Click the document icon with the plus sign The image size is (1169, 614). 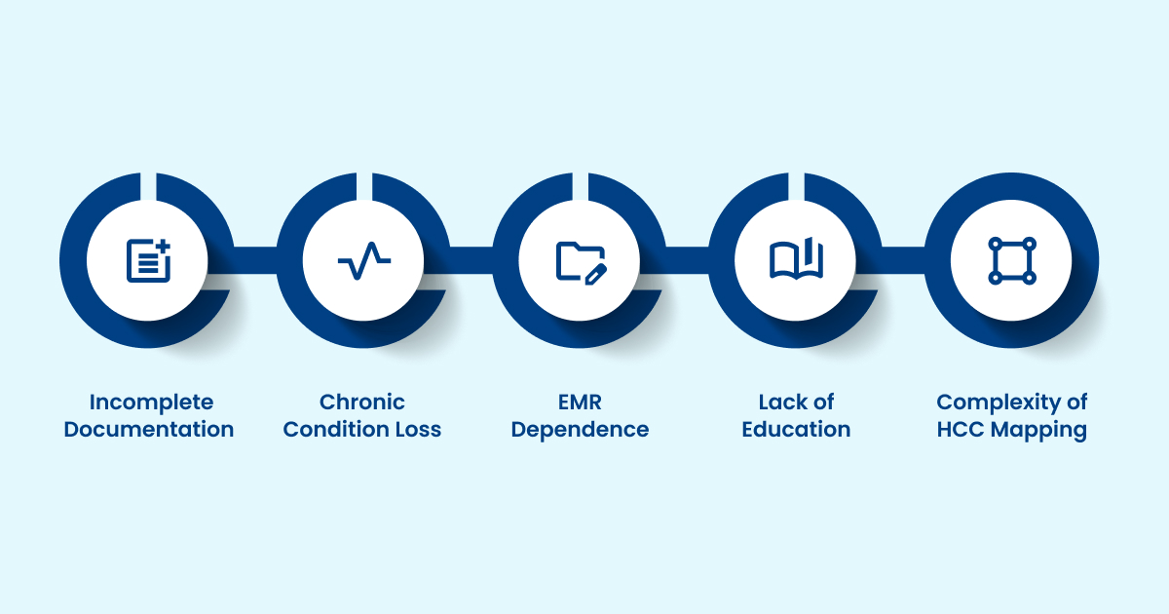(148, 260)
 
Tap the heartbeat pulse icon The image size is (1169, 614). (363, 260)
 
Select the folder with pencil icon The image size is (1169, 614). (581, 260)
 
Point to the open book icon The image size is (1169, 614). (796, 260)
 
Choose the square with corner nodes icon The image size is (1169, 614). (1012, 260)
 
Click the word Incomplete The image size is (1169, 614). (151, 402)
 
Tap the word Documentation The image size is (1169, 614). (149, 430)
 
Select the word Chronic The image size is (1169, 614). (362, 402)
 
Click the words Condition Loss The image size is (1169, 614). (362, 430)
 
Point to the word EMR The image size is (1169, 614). (580, 402)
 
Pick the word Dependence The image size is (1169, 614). (580, 430)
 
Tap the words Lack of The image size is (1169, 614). (796, 402)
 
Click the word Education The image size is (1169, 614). (796, 430)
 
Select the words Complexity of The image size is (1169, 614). (1012, 402)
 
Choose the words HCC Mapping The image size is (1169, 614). (1012, 430)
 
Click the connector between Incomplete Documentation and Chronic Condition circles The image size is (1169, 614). (255, 260)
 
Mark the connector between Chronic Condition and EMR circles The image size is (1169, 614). (471, 260)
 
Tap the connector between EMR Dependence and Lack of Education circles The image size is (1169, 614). (688, 260)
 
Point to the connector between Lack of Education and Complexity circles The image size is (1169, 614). (904, 260)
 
